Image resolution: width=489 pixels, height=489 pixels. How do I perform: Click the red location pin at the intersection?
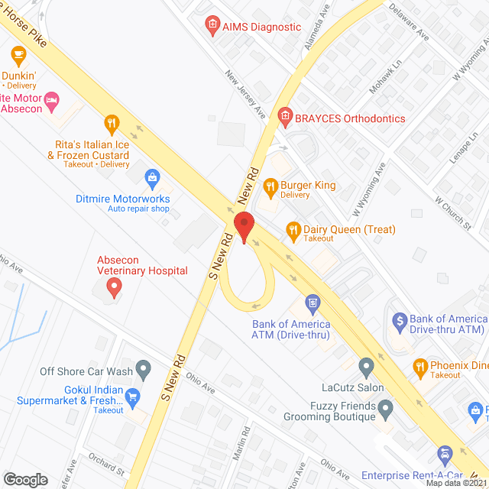pyautogui.click(x=244, y=228)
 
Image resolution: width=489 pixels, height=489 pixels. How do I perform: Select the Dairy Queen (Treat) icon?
pyautogui.click(x=293, y=228)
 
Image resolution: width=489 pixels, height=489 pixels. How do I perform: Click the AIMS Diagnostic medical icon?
pyautogui.click(x=212, y=27)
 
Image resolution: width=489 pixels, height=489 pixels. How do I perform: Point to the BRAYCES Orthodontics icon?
pyautogui.click(x=284, y=118)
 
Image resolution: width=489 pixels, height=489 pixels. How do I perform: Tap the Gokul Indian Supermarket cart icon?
pyautogui.click(x=134, y=396)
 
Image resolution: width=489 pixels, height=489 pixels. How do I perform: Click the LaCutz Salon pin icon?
pyautogui.click(x=367, y=367)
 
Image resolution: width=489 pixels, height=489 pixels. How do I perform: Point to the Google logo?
pyautogui.click(x=25, y=479)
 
